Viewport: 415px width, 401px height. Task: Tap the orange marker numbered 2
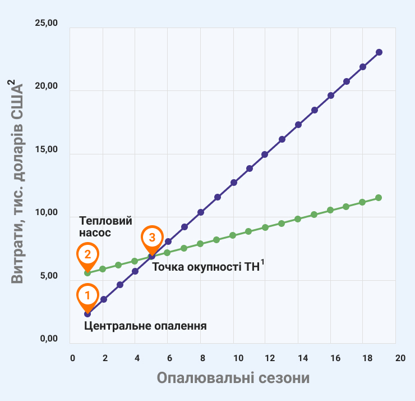(87, 254)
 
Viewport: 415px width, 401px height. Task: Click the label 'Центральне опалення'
(146, 326)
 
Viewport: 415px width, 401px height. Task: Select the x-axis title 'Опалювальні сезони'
(233, 377)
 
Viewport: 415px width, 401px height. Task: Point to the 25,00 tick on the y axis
(46, 23)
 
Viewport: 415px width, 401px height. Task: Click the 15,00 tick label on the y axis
(46, 150)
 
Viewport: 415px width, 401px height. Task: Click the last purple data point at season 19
(379, 52)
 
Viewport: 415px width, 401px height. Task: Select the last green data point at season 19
(379, 198)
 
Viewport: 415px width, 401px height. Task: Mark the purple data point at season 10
(234, 183)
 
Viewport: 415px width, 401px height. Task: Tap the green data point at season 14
(298, 219)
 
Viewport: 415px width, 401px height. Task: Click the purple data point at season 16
(331, 95)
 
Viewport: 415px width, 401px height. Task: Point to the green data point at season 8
(200, 244)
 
